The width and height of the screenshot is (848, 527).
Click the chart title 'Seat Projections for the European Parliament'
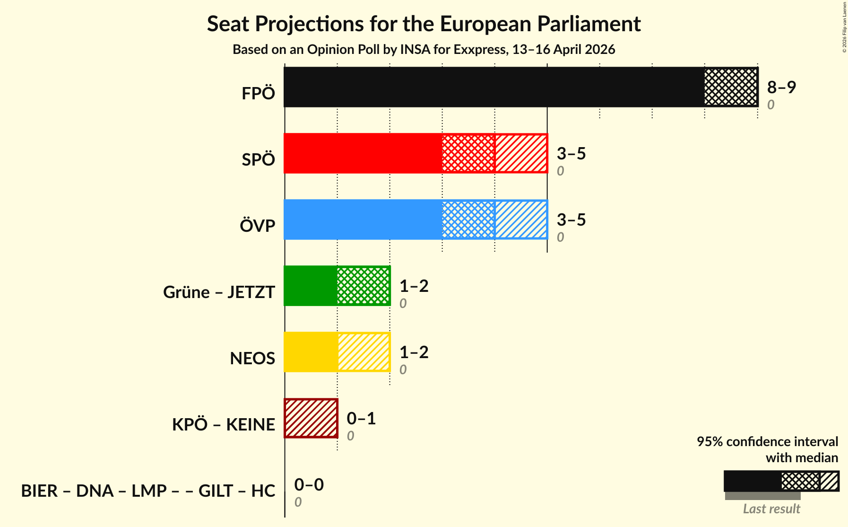point(424,24)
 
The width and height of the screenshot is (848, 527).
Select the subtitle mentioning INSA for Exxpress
point(424,50)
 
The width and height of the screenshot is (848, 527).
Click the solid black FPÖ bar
point(494,87)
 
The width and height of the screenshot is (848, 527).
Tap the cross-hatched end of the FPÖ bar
point(731,87)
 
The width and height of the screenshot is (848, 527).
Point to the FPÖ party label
point(258,94)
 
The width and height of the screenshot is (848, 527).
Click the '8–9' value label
point(781,87)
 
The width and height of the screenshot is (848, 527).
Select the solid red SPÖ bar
point(363,153)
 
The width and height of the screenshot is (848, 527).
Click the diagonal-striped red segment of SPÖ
point(521,153)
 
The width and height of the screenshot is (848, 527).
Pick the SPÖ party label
point(258,160)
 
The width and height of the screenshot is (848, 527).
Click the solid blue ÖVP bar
point(363,220)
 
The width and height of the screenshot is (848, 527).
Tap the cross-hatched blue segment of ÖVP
point(468,220)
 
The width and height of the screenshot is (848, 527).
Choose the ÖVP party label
point(258,226)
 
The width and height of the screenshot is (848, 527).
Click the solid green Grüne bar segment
point(311,286)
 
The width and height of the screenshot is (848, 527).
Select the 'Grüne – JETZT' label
point(219,292)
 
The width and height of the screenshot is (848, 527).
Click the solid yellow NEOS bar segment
point(311,352)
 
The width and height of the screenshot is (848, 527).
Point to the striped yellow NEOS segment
point(363,352)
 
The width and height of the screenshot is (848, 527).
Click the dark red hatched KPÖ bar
point(311,418)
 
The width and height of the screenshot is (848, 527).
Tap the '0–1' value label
point(361,418)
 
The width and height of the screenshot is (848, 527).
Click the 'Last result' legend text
point(771,509)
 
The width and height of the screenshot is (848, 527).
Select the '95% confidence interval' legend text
point(767,442)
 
